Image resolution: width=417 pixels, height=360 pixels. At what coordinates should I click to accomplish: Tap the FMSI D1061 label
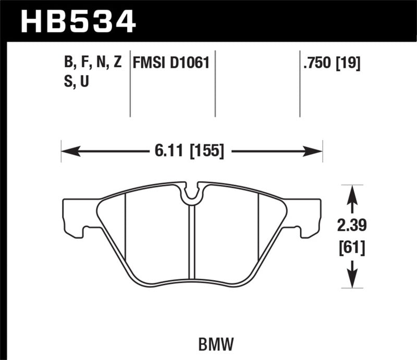pyautogui.click(x=171, y=64)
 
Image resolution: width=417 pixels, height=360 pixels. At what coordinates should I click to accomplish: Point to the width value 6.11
pyautogui.click(x=166, y=152)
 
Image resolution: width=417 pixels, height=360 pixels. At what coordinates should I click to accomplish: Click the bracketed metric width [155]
pyautogui.click(x=207, y=152)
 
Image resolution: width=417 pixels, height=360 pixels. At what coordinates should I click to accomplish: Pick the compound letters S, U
pyautogui.click(x=76, y=82)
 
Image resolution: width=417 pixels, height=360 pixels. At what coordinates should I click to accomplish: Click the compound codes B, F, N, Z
pyautogui.click(x=93, y=64)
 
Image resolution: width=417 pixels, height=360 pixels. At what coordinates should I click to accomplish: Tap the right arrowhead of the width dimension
pyautogui.click(x=315, y=152)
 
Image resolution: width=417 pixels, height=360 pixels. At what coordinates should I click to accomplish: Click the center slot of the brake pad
pyautogui.click(x=192, y=240)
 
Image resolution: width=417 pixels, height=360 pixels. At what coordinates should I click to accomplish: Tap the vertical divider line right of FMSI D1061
pyautogui.click(x=215, y=83)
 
